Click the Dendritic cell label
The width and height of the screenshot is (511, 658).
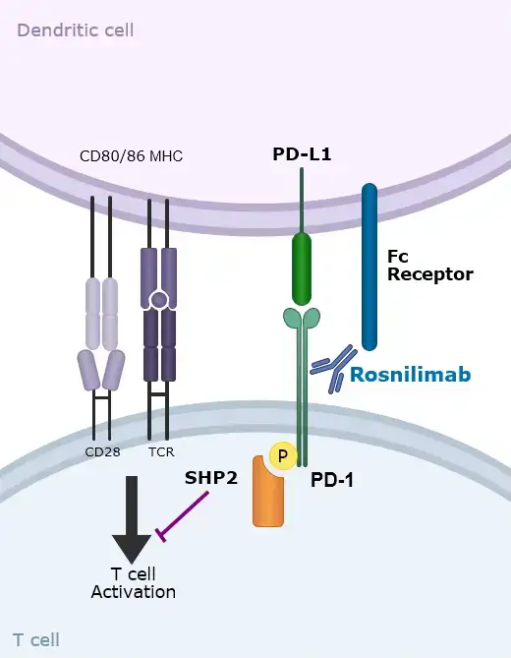pos(76,30)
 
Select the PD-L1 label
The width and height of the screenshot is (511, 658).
pos(301,155)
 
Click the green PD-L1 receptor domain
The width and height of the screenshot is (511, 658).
pos(302,269)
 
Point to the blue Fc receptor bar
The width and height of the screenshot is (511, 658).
pos(369,266)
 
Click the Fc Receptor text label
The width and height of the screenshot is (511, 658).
pos(429,265)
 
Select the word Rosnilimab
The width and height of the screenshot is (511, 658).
pos(411,375)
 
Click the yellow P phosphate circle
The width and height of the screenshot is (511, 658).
pos(283,456)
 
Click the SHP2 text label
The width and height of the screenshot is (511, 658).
pos(210,477)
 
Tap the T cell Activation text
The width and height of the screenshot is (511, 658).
pos(133,582)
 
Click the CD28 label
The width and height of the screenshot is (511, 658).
pos(101,452)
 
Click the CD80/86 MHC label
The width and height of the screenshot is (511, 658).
pos(131,156)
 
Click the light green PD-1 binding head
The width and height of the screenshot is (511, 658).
pos(302,318)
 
